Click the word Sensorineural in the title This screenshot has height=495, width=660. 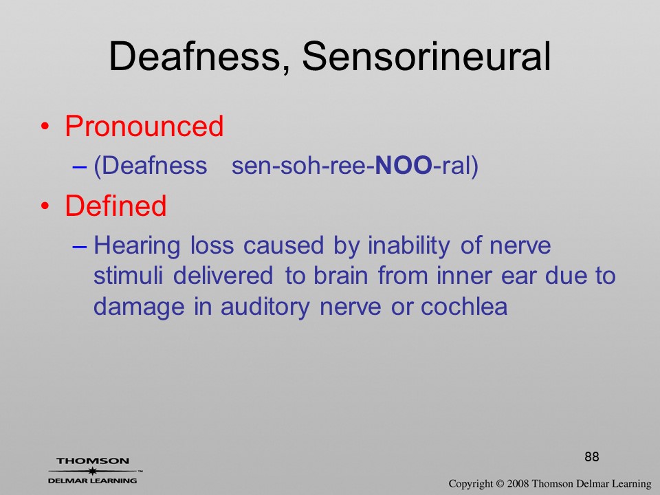426,56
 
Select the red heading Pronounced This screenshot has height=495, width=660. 144,126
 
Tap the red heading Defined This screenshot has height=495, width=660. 115,206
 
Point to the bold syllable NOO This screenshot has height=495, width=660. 404,165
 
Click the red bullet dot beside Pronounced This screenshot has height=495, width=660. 45,126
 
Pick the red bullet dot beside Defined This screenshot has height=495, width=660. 45,206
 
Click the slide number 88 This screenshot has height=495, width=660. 592,456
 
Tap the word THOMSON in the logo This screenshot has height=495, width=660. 93,461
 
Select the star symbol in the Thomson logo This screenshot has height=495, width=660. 93,471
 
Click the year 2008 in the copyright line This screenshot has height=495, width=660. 518,483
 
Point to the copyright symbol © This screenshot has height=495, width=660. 500,483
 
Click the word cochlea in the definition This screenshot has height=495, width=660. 464,306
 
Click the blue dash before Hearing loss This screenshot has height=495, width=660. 80,247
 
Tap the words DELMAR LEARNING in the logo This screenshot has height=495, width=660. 93,481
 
